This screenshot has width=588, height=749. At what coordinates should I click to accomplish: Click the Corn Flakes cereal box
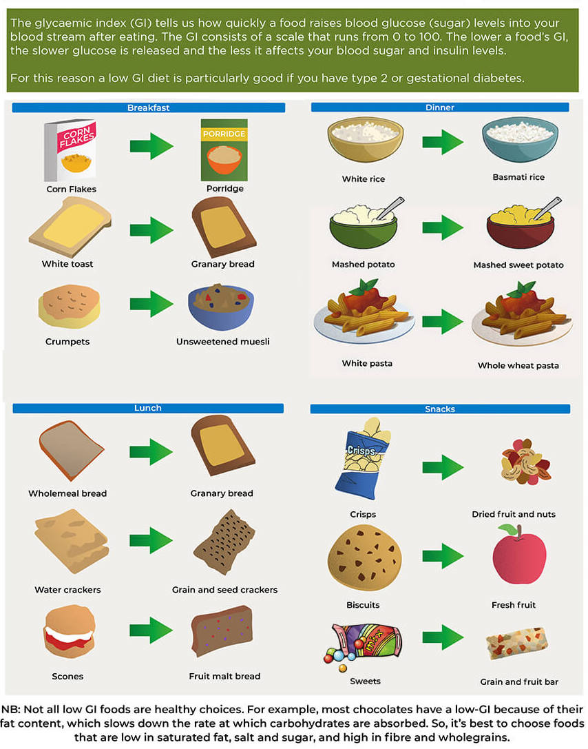(x=70, y=149)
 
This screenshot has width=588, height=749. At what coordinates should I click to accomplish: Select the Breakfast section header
(x=148, y=107)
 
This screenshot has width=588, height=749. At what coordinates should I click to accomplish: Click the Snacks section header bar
(x=440, y=409)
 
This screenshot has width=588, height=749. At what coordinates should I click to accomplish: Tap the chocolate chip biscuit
(x=364, y=557)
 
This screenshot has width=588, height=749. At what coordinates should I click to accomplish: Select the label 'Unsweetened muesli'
(x=223, y=341)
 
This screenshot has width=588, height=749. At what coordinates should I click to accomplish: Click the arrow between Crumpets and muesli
(x=151, y=303)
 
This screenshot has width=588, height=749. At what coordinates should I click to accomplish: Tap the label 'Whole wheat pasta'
(x=518, y=365)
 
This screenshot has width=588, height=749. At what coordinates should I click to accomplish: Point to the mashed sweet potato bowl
(x=519, y=225)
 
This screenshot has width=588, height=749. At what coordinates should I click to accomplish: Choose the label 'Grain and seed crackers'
(x=224, y=590)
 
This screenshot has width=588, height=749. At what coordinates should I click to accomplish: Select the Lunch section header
(x=148, y=408)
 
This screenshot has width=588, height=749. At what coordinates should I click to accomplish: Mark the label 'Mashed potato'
(x=363, y=264)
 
